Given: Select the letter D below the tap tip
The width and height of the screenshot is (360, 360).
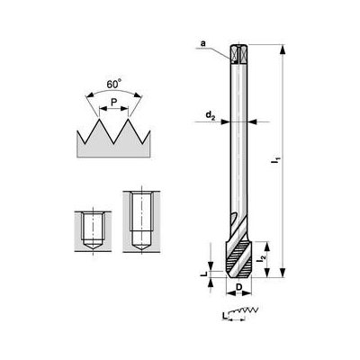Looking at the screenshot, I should click(238, 288).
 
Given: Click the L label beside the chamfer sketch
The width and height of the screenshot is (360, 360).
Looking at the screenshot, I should click(221, 315).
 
